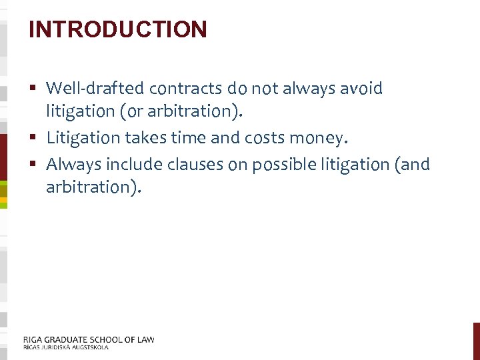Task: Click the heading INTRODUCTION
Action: click(118, 29)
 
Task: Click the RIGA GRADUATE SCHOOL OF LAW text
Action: click(89, 339)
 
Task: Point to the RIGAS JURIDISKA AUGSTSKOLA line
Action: click(65, 347)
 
